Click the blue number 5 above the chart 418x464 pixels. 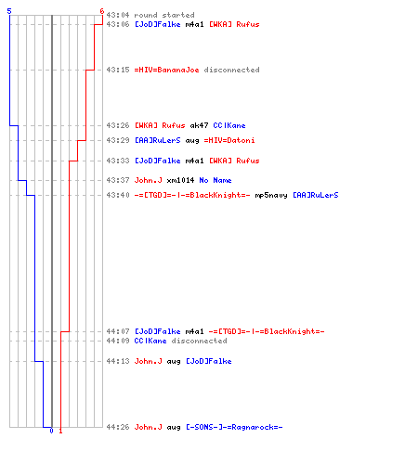(x=9, y=11)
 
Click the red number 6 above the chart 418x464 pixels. (x=102, y=11)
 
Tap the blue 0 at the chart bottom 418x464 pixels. (x=51, y=431)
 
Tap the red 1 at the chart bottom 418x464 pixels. (x=60, y=431)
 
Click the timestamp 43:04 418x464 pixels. (x=118, y=15)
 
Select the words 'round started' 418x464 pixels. (x=164, y=15)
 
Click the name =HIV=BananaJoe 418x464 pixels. (x=166, y=70)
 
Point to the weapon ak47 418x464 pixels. (x=199, y=125)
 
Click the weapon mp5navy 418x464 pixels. (x=271, y=195)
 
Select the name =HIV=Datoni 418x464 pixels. (x=229, y=140)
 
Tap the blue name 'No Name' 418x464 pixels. (x=216, y=180)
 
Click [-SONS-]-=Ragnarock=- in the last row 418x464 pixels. (x=234, y=427)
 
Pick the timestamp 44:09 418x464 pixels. (x=118, y=341)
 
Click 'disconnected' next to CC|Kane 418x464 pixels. (x=199, y=341)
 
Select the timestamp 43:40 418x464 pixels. (x=118, y=195)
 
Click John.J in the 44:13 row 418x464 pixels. (x=148, y=361)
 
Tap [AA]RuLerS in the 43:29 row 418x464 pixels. (x=157, y=140)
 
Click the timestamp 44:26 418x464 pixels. (x=118, y=427)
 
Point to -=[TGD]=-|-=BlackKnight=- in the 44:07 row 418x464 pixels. (x=267, y=331)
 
